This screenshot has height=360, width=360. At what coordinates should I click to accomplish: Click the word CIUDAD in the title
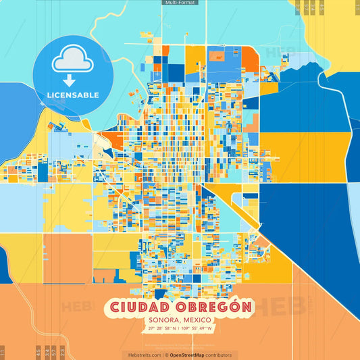[134, 308]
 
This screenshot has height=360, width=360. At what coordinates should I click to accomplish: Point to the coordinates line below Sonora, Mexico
[180, 329]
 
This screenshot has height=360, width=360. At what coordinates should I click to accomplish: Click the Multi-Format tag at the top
[180, 3]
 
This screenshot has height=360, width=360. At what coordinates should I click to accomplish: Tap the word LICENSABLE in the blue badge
[72, 95]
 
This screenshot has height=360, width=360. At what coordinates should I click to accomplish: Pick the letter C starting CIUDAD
[111, 308]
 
